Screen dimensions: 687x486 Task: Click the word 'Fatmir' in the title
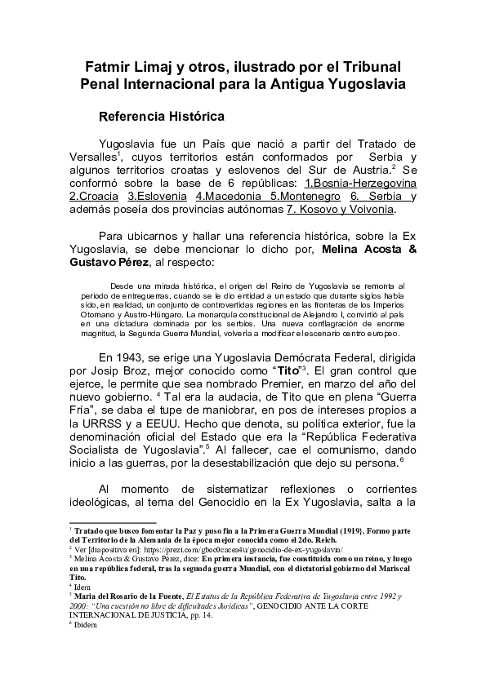(108, 65)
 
